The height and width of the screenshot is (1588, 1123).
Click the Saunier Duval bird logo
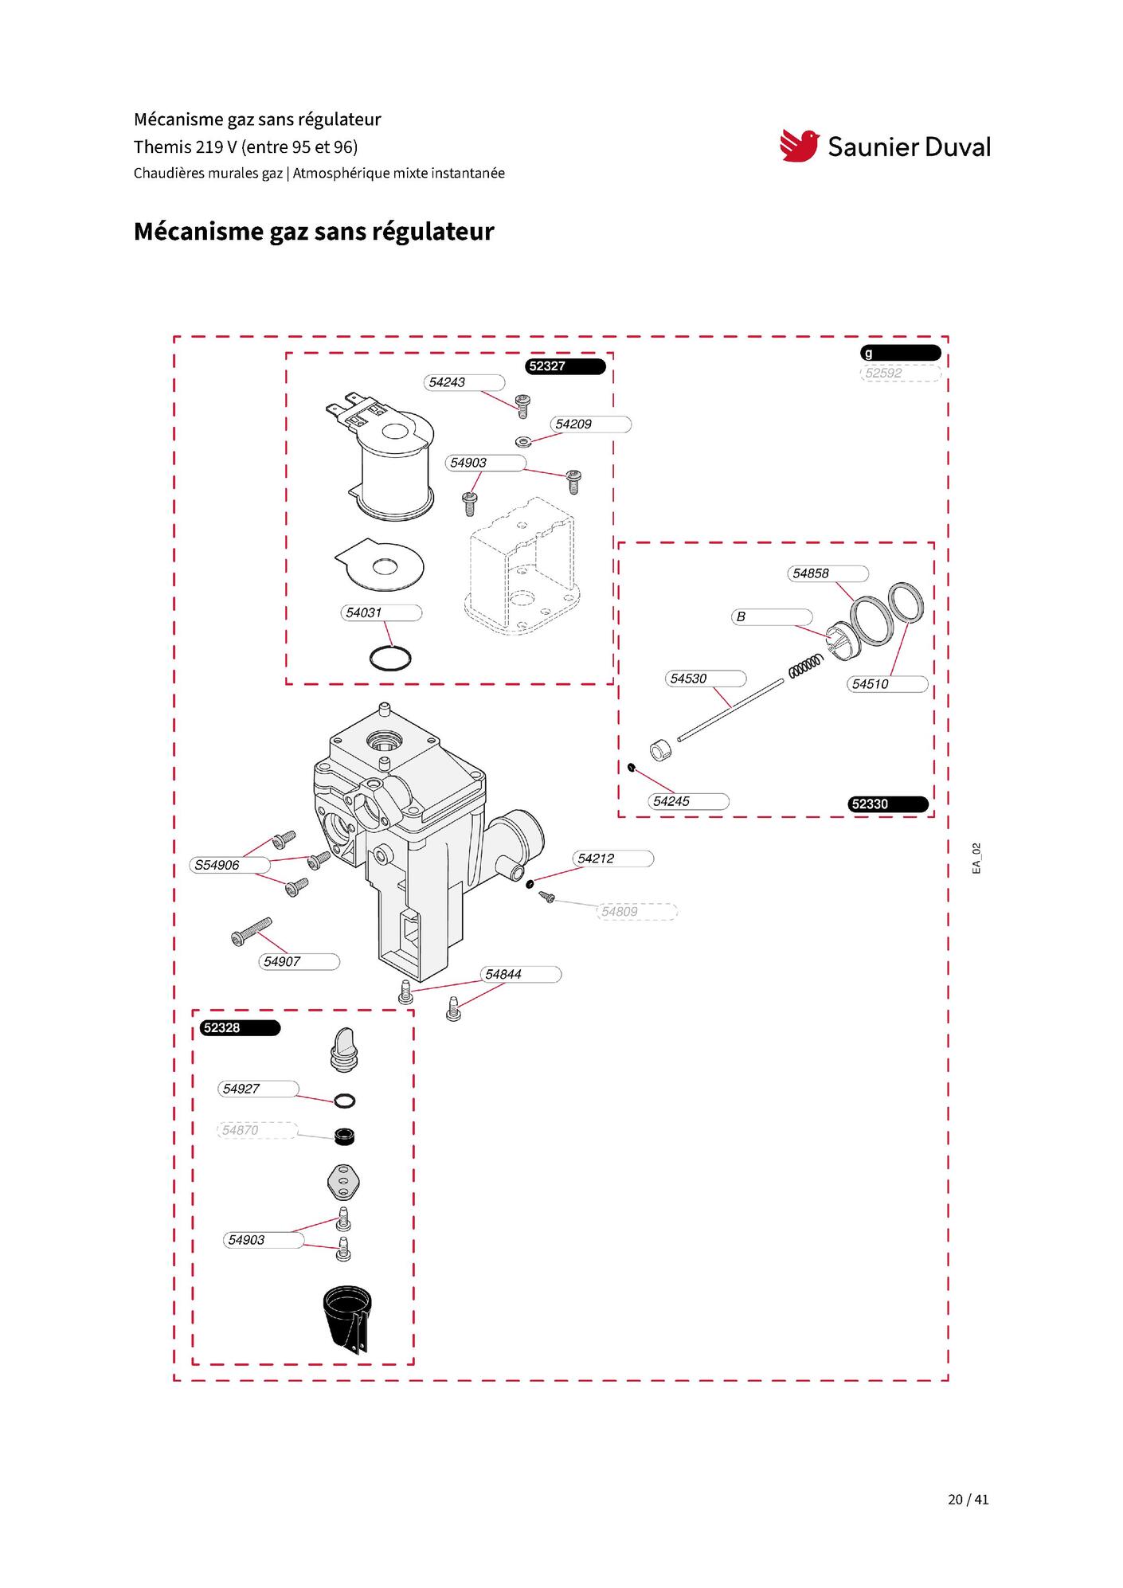point(800,146)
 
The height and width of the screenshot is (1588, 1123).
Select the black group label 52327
point(565,366)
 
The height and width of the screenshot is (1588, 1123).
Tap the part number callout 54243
point(464,382)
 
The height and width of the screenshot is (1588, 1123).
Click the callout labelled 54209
point(591,424)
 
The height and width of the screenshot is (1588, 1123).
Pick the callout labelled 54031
point(381,612)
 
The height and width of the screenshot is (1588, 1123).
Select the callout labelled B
point(772,616)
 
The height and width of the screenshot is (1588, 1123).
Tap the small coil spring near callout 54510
point(805,667)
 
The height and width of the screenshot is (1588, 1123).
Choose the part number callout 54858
point(828,573)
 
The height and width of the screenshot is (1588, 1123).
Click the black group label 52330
point(888,804)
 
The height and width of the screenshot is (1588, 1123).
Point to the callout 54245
point(688,801)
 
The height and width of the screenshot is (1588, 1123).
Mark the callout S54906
point(229,865)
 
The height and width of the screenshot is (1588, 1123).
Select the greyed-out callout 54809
point(636,912)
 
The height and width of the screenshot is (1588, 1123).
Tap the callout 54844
point(521,975)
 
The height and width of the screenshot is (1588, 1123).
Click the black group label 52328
point(240,1028)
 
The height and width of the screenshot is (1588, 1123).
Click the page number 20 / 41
point(968,1500)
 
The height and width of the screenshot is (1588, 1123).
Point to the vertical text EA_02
point(976,859)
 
